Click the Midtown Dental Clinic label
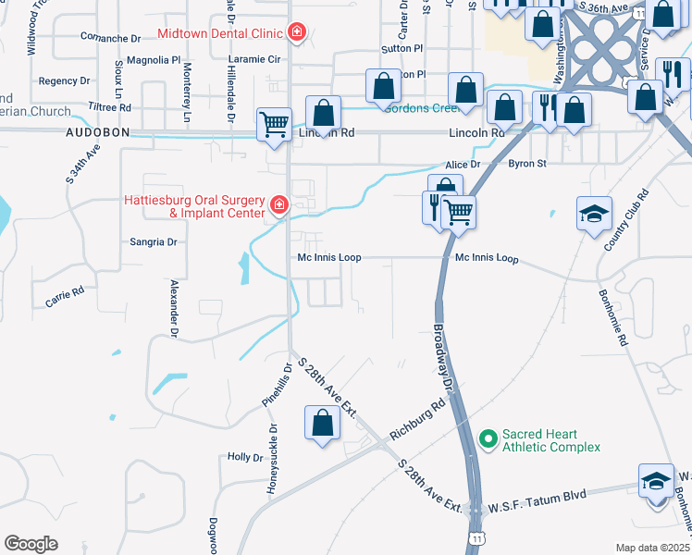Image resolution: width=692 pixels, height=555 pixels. pyautogui.click(x=219, y=33)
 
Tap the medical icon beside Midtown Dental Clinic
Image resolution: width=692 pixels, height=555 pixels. pyautogui.click(x=296, y=33)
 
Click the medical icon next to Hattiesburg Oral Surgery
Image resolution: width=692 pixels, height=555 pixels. pyautogui.click(x=278, y=203)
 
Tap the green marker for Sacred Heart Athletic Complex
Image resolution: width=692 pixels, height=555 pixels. pyautogui.click(x=488, y=437)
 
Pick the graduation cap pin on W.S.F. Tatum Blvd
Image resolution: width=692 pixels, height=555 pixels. pyautogui.click(x=656, y=482)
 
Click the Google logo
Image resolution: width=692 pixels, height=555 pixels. pyautogui.click(x=31, y=544)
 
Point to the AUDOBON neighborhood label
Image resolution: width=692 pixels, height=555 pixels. pyautogui.click(x=96, y=133)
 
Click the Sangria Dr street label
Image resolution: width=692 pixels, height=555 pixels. pyautogui.click(x=153, y=241)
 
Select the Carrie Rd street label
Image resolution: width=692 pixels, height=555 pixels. pyautogui.click(x=65, y=296)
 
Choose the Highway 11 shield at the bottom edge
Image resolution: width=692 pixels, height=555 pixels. pyautogui.click(x=476, y=536)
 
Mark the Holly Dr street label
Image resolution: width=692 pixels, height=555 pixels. pyautogui.click(x=245, y=457)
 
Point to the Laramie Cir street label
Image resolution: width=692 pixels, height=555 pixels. pyautogui.click(x=253, y=58)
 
